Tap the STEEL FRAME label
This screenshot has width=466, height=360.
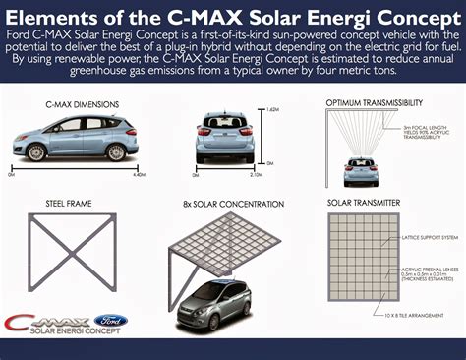coord(61,204)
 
